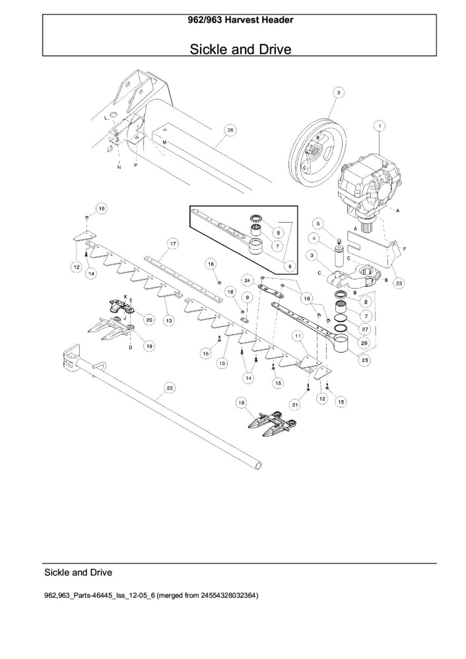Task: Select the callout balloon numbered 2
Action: [x=339, y=92]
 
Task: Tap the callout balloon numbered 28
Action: [x=230, y=130]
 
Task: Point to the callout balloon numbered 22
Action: [x=169, y=388]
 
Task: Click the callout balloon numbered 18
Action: [x=241, y=403]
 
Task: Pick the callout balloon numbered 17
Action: [x=172, y=243]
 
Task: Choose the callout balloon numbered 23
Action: [x=399, y=283]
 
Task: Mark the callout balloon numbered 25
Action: [x=364, y=360]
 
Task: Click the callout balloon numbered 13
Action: [x=169, y=321]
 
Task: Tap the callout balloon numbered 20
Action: [x=149, y=320]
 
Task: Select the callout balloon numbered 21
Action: [x=295, y=405]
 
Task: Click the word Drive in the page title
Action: [x=273, y=49]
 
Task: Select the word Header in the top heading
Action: [x=277, y=20]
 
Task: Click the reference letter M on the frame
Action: [x=164, y=142]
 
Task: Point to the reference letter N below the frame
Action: [x=119, y=167]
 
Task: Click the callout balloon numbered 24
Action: [x=247, y=280]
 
